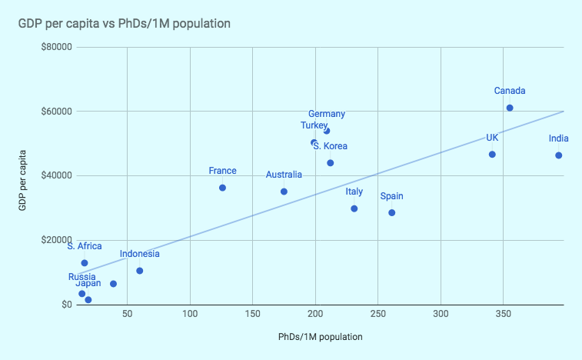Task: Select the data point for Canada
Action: click(510, 108)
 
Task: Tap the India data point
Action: click(559, 155)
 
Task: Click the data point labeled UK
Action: click(492, 155)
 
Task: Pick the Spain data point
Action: click(392, 212)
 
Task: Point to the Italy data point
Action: click(354, 208)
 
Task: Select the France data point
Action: click(223, 188)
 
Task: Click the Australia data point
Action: click(284, 192)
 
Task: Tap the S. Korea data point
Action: click(331, 163)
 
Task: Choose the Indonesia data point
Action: click(140, 271)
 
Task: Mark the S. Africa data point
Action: click(85, 263)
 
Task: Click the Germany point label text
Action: click(327, 114)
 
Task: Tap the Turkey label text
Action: click(314, 125)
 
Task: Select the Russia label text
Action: click(82, 277)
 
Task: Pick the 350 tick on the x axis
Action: click(504, 315)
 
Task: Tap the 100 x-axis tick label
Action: click(190, 315)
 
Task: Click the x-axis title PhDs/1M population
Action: click(321, 337)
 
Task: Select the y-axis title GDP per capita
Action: click(23, 175)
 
